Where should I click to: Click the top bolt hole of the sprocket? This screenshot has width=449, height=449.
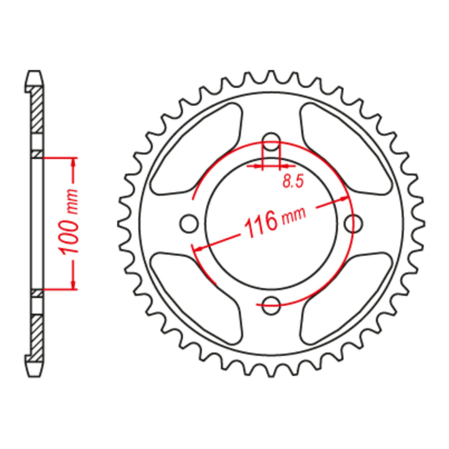pyautogui.click(x=271, y=141)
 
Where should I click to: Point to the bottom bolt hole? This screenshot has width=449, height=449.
pyautogui.click(x=271, y=305)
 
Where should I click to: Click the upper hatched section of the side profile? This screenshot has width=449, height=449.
pyautogui.click(x=37, y=109)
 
